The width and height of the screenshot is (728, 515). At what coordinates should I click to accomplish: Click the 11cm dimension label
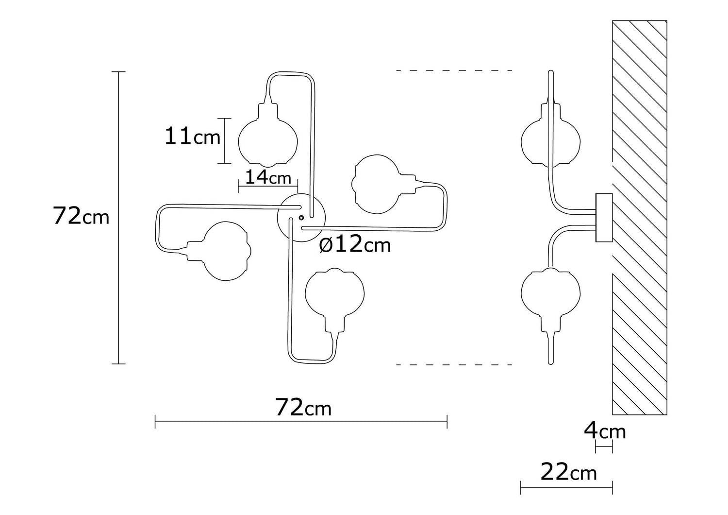click(x=193, y=137)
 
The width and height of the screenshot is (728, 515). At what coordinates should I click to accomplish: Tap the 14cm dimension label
click(x=268, y=178)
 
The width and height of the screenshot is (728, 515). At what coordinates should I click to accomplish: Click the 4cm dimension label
click(x=605, y=431)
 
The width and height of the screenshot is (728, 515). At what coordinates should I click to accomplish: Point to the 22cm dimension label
click(x=568, y=472)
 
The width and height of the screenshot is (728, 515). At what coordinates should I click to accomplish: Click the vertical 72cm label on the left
click(x=81, y=216)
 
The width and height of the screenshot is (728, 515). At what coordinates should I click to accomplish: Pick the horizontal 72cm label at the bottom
click(x=303, y=408)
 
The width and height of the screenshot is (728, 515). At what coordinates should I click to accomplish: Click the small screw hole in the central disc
click(x=301, y=217)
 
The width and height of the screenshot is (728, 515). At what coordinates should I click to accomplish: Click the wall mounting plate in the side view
click(x=604, y=218)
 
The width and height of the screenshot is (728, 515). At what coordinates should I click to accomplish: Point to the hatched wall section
click(x=640, y=218)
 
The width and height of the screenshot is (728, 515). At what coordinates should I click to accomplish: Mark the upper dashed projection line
click(x=454, y=70)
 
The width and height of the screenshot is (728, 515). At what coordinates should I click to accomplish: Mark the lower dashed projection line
click(x=454, y=365)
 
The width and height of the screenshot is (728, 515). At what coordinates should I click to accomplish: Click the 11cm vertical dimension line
click(x=224, y=140)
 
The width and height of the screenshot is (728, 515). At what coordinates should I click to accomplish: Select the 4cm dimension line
click(x=604, y=446)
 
